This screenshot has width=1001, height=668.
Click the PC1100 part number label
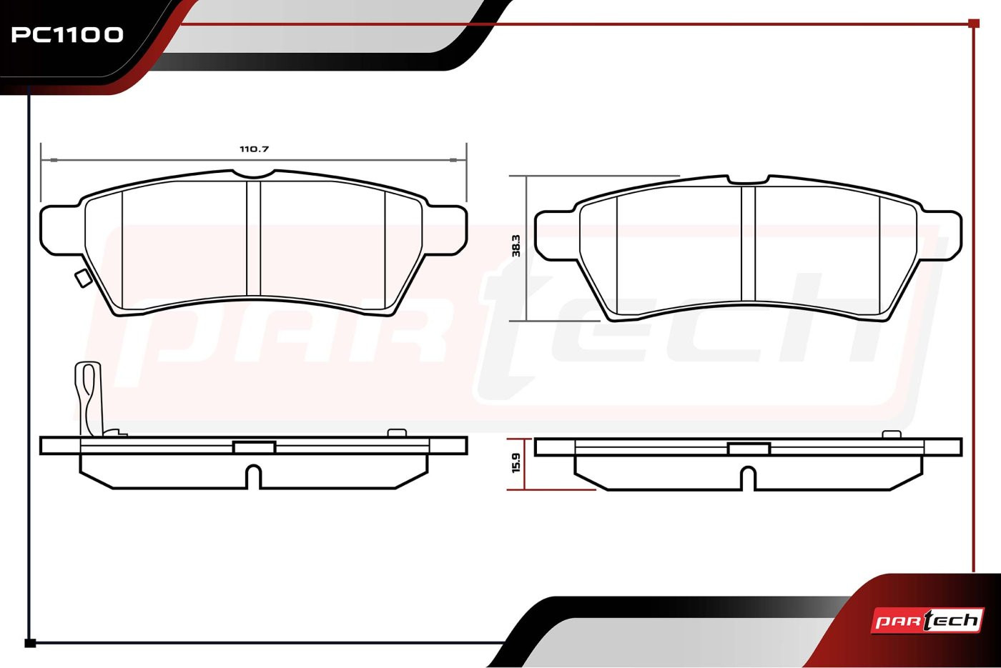(x=67, y=35)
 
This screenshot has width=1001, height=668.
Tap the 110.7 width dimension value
(x=255, y=149)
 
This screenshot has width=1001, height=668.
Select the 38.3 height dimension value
(x=516, y=246)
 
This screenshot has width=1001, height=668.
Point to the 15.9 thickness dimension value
(x=516, y=463)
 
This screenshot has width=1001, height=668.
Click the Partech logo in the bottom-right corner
(x=927, y=621)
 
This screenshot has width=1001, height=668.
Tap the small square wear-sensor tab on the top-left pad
(x=82, y=279)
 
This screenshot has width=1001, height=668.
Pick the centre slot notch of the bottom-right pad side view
(x=749, y=479)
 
